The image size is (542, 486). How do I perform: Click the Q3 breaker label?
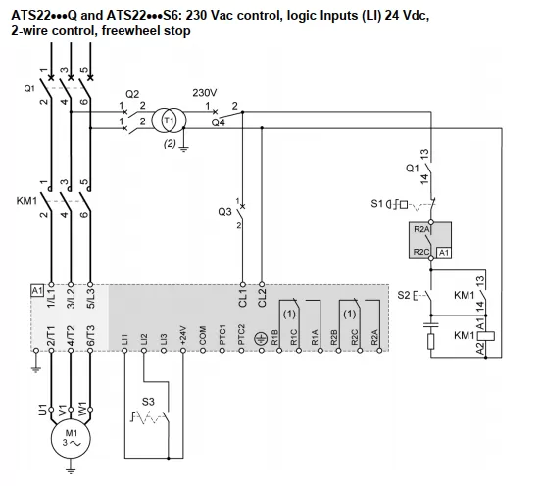[x=225, y=211]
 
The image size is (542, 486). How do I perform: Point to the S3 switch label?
[x=148, y=401]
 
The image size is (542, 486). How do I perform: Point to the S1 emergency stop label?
[x=378, y=204]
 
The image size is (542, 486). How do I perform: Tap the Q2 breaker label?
[x=132, y=94]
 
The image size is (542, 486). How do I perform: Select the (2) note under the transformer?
[x=169, y=144]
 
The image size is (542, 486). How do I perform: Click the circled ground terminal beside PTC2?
[x=260, y=339]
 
